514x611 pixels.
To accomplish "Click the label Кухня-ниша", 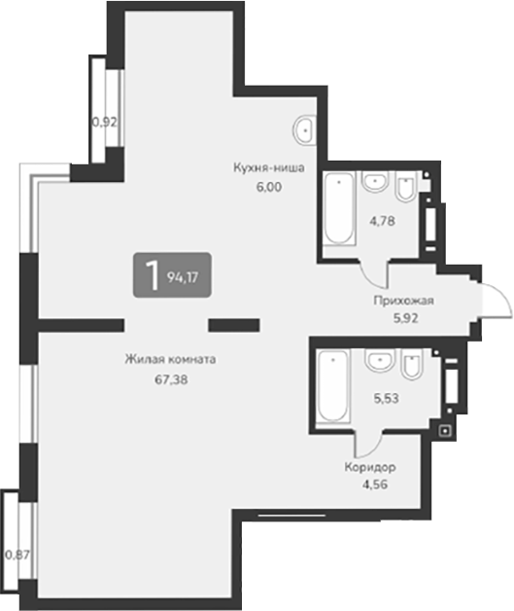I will [x=269, y=167].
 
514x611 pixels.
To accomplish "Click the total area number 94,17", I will [x=187, y=276].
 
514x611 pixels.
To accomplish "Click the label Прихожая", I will [x=403, y=301].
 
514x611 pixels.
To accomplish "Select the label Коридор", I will [x=369, y=467].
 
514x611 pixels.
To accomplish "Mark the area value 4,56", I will [x=369, y=485].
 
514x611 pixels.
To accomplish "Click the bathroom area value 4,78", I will [x=382, y=221].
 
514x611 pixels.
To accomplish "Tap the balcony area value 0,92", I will [x=104, y=123].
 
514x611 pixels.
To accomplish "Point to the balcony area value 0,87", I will [x=17, y=555].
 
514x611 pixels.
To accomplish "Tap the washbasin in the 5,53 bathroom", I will [x=378, y=363].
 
